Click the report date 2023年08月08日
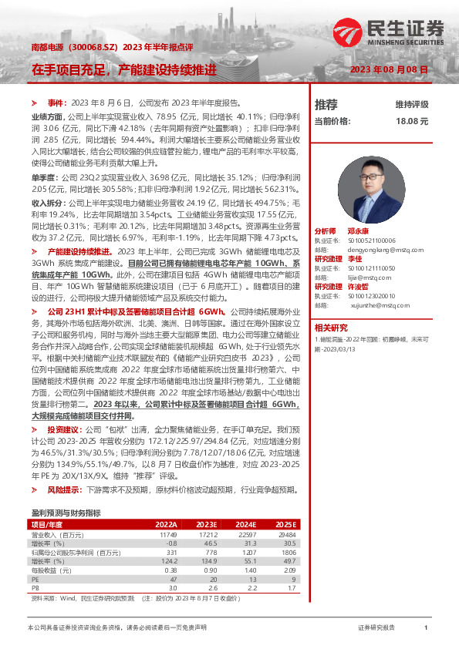click(388, 69)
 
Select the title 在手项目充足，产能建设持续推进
click(123, 69)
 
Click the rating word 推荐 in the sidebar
click(326, 104)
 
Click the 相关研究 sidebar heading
click(331, 327)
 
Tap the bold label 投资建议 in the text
click(65, 429)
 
